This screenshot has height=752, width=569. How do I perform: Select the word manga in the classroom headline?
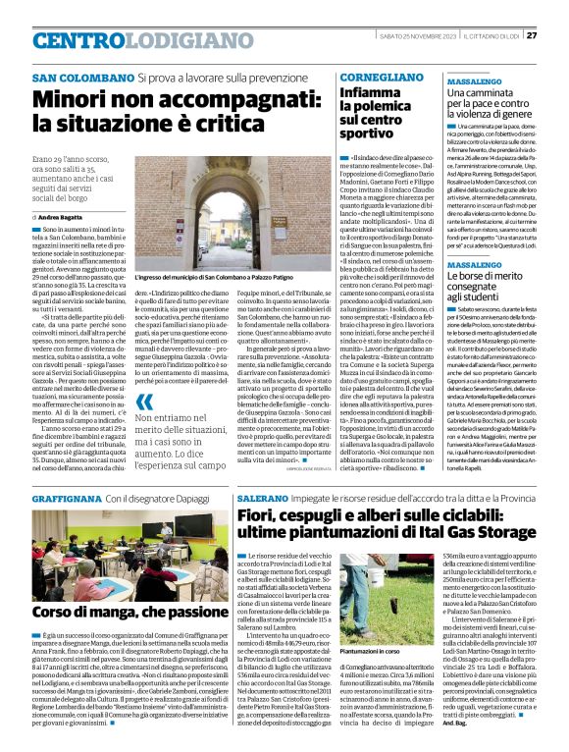110,611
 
